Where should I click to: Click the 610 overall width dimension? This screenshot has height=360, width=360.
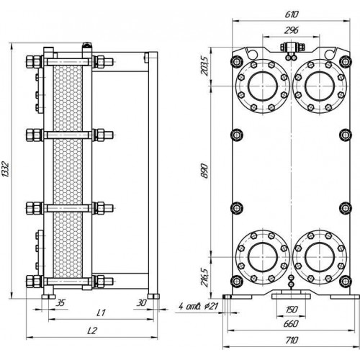tap(292, 14)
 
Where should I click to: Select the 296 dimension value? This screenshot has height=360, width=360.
tap(292, 30)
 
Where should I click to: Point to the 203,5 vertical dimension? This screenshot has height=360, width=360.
tap(204, 66)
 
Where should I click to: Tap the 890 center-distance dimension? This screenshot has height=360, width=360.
tap(204, 171)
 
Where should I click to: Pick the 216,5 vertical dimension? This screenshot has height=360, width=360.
tap(204, 277)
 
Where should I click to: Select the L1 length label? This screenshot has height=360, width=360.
tap(101, 313)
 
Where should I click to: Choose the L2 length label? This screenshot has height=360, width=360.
tap(92, 331)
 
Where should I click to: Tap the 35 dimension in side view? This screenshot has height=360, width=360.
tap(60, 303)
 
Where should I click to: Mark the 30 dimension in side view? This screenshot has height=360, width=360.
tap(141, 303)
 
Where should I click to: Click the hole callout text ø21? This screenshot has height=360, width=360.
tap(212, 306)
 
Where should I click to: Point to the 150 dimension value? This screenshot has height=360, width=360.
tap(292, 310)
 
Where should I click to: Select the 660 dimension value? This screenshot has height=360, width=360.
tap(292, 324)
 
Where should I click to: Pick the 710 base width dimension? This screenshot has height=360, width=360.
tap(292, 340)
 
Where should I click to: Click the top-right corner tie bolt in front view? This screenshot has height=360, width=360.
tap(345, 61)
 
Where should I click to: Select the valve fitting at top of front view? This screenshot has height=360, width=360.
tap(292, 47)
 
